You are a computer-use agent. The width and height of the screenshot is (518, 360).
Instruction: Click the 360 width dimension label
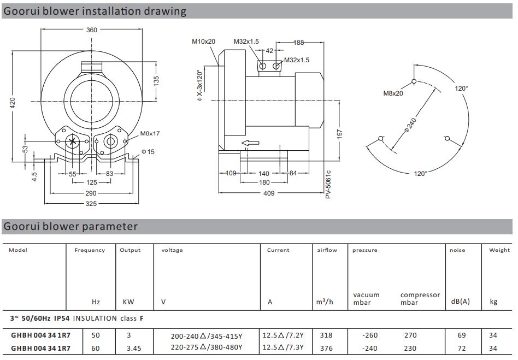(91, 30)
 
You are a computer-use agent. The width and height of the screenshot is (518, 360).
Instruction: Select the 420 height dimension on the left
(13, 103)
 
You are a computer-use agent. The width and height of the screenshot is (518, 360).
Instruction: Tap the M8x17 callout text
(150, 133)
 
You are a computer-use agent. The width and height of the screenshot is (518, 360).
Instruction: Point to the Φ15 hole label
(148, 152)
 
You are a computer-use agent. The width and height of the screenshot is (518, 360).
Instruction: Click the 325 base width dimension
(91, 203)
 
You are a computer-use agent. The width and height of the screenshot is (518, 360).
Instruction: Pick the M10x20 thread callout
(203, 42)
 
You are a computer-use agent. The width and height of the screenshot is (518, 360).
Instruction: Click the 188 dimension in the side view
(299, 43)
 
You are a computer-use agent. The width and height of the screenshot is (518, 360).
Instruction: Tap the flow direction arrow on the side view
(250, 143)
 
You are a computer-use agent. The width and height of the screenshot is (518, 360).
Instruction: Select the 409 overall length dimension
(269, 193)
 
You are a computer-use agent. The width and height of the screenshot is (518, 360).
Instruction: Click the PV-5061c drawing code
(328, 184)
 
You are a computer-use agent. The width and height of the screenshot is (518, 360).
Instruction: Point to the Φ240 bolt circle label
(410, 126)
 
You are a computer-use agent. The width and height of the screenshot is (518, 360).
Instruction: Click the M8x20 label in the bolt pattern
(393, 93)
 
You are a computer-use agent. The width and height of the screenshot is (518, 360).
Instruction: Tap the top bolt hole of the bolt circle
(414, 81)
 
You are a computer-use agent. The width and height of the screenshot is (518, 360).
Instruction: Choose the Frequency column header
(90, 250)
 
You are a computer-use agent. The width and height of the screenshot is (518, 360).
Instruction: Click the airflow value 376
(326, 348)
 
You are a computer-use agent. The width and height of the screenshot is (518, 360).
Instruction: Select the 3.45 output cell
(134, 348)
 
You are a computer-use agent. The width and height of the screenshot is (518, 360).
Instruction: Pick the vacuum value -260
(370, 335)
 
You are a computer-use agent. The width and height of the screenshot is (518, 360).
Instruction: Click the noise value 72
(462, 348)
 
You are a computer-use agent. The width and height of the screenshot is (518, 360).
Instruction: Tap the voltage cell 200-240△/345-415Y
(207, 336)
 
